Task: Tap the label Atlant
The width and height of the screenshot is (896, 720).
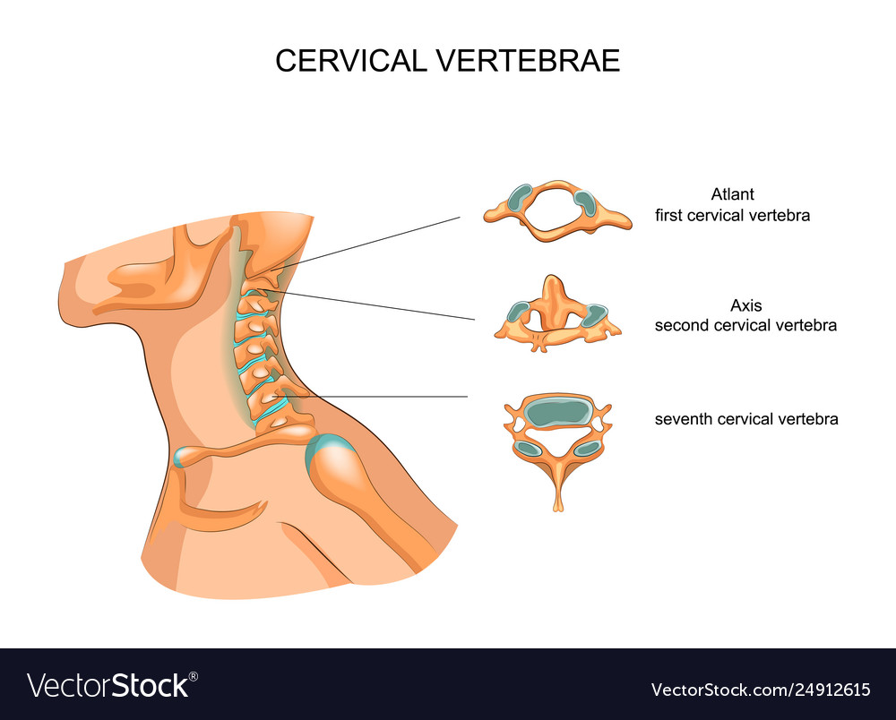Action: click(732, 194)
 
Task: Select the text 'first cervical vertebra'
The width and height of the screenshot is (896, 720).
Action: click(732, 215)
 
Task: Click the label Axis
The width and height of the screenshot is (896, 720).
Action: click(745, 305)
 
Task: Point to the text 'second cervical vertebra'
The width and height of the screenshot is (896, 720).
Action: click(745, 325)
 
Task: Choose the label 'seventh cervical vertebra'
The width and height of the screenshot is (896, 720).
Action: click(746, 419)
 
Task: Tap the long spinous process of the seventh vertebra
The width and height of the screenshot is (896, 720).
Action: click(558, 485)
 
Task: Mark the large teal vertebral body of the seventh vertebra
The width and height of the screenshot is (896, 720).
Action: click(557, 414)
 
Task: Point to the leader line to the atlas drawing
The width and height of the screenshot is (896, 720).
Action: click(366, 244)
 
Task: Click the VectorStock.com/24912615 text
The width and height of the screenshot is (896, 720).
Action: click(761, 690)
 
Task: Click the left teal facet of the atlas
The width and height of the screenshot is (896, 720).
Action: click(520, 197)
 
